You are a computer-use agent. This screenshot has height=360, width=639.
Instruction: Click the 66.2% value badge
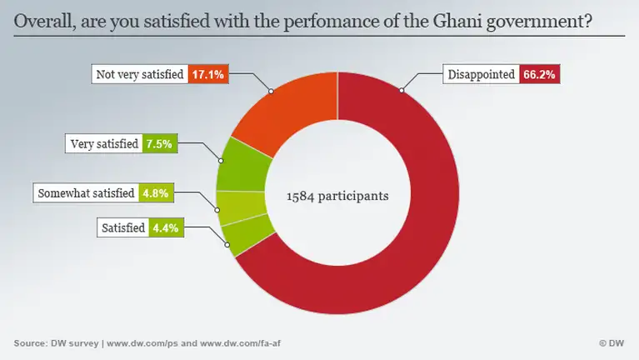coord(539,74)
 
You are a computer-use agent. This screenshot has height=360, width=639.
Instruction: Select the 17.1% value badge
coord(205,74)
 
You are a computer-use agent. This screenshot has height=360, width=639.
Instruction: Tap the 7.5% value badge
coord(158,143)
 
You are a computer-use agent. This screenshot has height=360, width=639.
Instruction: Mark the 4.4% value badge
coord(160,227)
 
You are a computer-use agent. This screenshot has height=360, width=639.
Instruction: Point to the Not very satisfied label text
coord(139,74)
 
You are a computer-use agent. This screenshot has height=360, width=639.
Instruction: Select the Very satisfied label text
coord(104,143)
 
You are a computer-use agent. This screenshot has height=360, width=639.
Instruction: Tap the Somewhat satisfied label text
coord(86,193)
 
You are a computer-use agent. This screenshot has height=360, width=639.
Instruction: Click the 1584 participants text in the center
coord(337,197)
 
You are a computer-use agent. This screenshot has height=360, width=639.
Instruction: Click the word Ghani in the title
coord(453,22)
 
